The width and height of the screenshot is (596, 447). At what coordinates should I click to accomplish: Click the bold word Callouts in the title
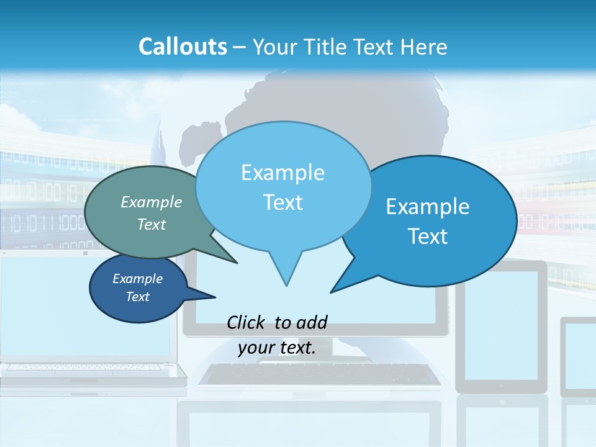183,47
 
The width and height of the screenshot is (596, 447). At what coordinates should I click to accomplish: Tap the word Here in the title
425,47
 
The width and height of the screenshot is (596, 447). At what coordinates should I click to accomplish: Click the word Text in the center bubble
282,202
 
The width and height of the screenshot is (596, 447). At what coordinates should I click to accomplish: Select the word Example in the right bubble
428,207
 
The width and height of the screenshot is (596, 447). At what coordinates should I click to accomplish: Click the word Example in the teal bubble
151,202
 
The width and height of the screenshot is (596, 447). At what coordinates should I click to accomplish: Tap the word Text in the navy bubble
138,297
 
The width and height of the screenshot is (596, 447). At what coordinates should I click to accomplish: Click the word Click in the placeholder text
246,322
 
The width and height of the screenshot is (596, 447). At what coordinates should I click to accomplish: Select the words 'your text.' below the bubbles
277,348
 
